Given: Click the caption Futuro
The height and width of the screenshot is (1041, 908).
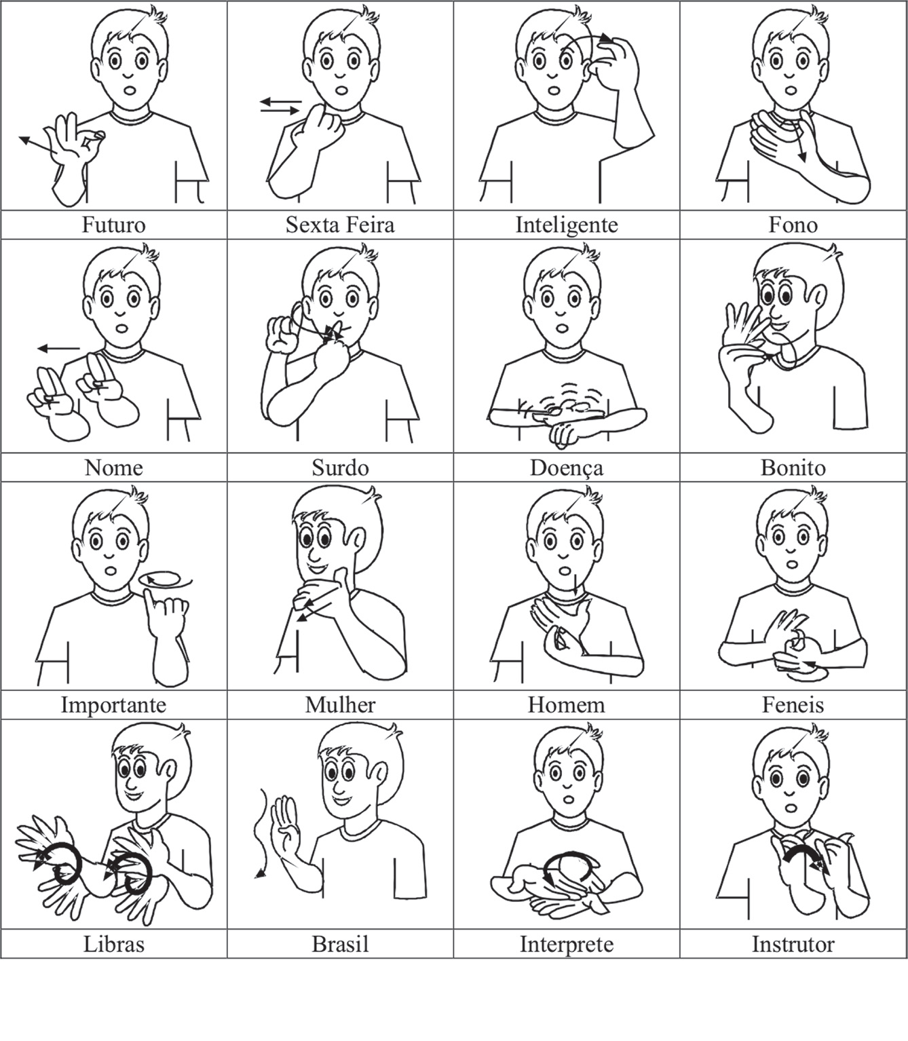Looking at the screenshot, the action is click(113, 225).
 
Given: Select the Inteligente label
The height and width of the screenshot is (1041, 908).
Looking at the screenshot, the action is click(567, 225).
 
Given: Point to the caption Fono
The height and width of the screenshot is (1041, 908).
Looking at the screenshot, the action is click(793, 225).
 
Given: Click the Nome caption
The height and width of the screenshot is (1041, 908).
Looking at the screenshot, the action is click(113, 468).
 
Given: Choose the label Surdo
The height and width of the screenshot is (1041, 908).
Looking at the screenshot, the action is click(340, 468).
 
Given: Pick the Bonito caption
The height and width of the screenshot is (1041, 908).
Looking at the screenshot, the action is click(793, 468).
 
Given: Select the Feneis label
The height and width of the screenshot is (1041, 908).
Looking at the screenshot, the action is click(793, 704).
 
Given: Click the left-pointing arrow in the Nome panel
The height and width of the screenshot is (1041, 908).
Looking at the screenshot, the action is click(58, 349).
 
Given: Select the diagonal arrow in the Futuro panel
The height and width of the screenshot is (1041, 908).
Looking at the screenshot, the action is click(38, 145).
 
